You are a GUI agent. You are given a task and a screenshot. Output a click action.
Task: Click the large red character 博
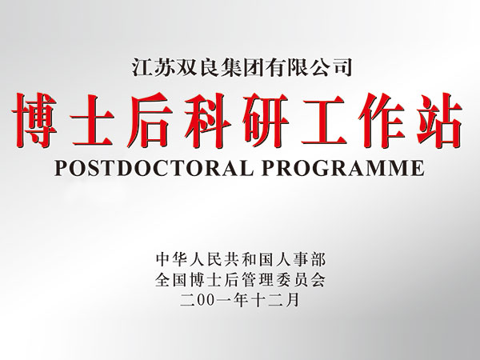pos(35,121)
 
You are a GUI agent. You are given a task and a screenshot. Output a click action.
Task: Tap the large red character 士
pos(92,121)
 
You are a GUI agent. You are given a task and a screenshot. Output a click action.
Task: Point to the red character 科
pos(207,121)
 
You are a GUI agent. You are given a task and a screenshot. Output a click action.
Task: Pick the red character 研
pos(265,121)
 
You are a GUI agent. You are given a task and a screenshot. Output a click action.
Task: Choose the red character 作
pos(381,121)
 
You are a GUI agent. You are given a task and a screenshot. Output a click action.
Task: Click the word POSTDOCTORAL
pos(154,167)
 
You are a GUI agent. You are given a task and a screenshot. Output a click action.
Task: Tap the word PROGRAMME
pos(343,167)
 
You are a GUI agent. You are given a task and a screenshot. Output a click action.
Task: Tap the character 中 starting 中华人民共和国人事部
pos(163,260)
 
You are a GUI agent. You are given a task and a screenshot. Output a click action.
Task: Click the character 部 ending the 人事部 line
pos(317,260)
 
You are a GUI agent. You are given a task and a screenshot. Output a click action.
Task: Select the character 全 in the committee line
pos(162,280)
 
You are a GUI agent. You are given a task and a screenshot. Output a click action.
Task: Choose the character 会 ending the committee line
pos(317,280)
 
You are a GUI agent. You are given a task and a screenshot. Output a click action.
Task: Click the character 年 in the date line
pos(240,300)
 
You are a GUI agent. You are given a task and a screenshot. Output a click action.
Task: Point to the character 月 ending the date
pos(292,300)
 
